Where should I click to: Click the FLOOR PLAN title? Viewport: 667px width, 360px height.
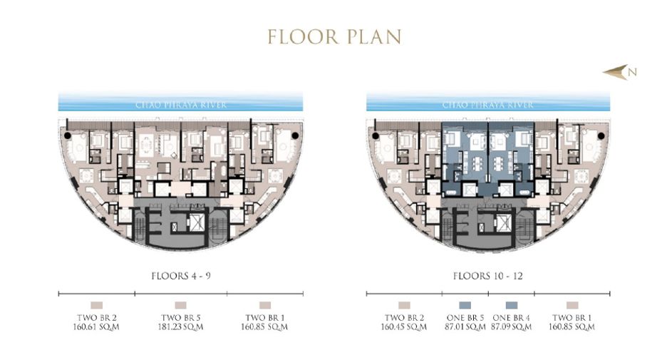334,37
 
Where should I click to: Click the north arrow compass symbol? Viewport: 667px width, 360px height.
619,72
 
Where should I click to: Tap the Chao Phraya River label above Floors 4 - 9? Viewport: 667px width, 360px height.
181,105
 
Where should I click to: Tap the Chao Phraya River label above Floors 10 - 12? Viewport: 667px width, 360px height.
488,105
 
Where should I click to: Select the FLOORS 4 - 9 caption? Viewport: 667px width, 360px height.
181,276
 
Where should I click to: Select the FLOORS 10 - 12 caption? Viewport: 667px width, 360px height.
488,276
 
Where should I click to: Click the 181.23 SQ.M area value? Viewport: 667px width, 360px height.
181,326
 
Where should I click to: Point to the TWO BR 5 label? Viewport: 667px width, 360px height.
181,317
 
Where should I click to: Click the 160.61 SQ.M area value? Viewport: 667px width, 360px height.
97,326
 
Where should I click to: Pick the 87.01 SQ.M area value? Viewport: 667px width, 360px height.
465,326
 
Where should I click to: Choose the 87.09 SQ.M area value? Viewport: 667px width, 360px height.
512,326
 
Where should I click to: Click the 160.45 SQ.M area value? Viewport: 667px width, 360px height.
404,326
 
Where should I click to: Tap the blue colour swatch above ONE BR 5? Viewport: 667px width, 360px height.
465,305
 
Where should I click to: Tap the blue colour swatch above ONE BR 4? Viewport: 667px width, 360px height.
512,305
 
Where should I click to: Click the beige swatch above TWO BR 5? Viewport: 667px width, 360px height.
181,305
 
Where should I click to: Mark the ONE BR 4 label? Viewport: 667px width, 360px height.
512,317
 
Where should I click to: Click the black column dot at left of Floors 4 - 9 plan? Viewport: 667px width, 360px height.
67,135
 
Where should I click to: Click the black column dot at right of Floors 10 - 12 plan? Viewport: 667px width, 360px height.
601,136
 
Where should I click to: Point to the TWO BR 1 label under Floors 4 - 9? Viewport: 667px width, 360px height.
265,317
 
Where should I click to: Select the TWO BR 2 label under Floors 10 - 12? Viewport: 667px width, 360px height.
404,317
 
